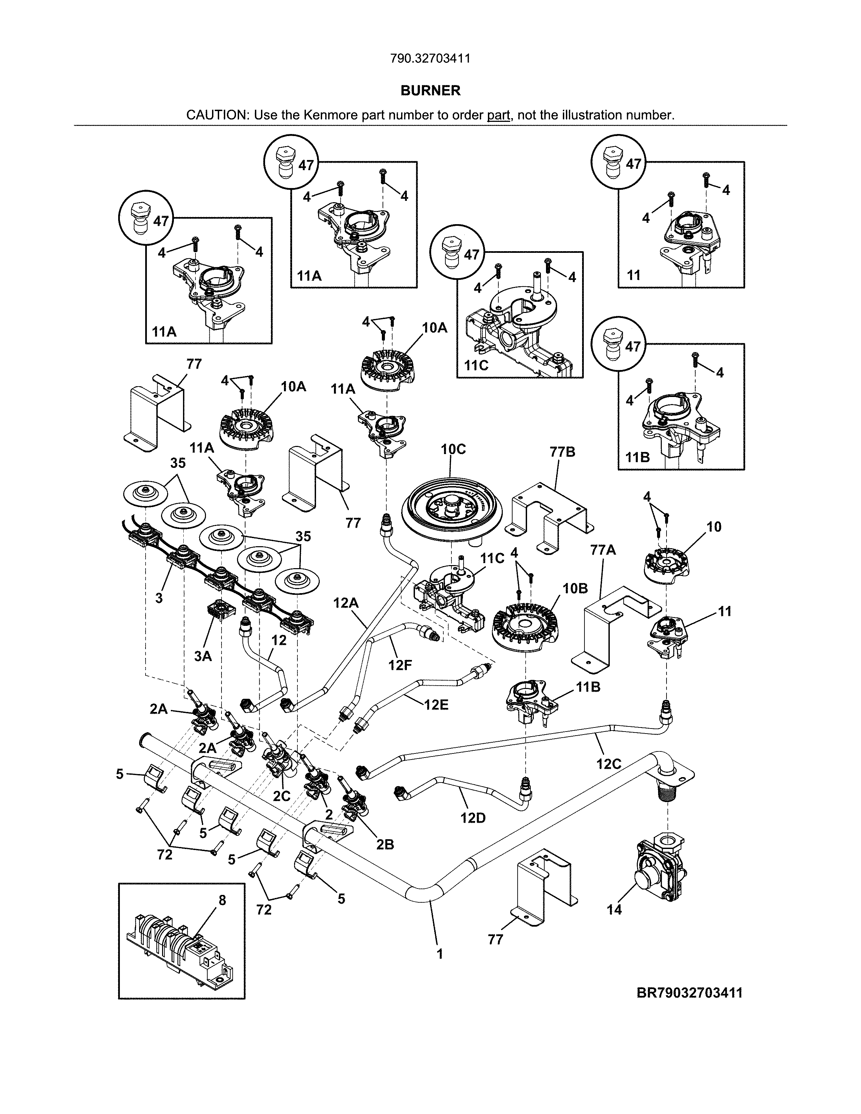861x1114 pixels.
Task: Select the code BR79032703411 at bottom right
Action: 689,993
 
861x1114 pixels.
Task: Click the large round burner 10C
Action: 452,507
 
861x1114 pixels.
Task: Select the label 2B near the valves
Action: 385,845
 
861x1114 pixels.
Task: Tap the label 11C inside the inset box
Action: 476,366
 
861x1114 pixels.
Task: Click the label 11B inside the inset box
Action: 637,457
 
